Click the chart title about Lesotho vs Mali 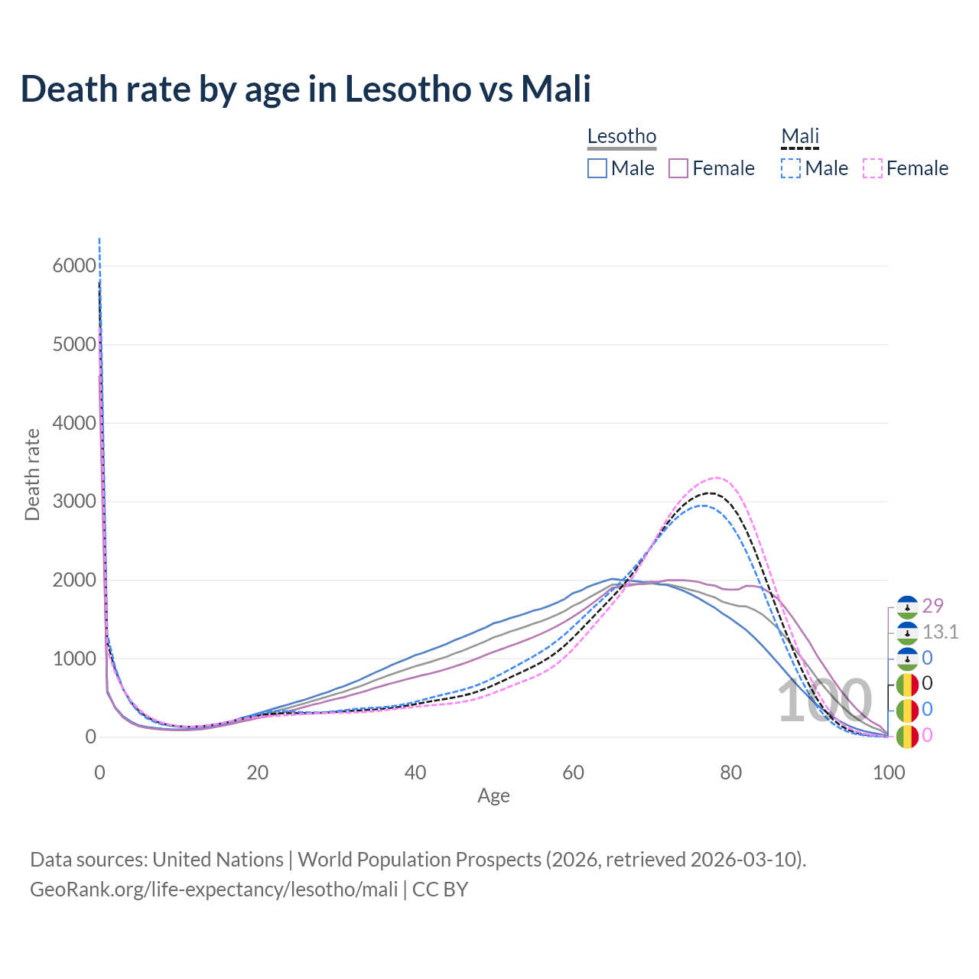coord(306,89)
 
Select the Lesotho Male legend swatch coord(597,168)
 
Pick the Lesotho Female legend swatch coord(679,168)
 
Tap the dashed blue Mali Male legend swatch coord(791,168)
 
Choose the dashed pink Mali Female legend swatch coord(873,168)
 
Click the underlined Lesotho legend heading coord(622,137)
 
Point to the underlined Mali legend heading coord(800,137)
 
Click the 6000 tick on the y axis coord(74,266)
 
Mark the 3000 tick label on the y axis coord(74,502)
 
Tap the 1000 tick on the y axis coord(74,659)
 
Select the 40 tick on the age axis coord(415,772)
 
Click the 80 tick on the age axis coord(731,772)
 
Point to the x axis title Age coord(493,795)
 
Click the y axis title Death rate coord(32,474)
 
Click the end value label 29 coord(933,606)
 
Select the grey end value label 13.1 coord(940,632)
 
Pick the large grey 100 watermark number coord(825,701)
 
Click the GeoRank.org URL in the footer coord(214,890)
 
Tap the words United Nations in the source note coord(218,860)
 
